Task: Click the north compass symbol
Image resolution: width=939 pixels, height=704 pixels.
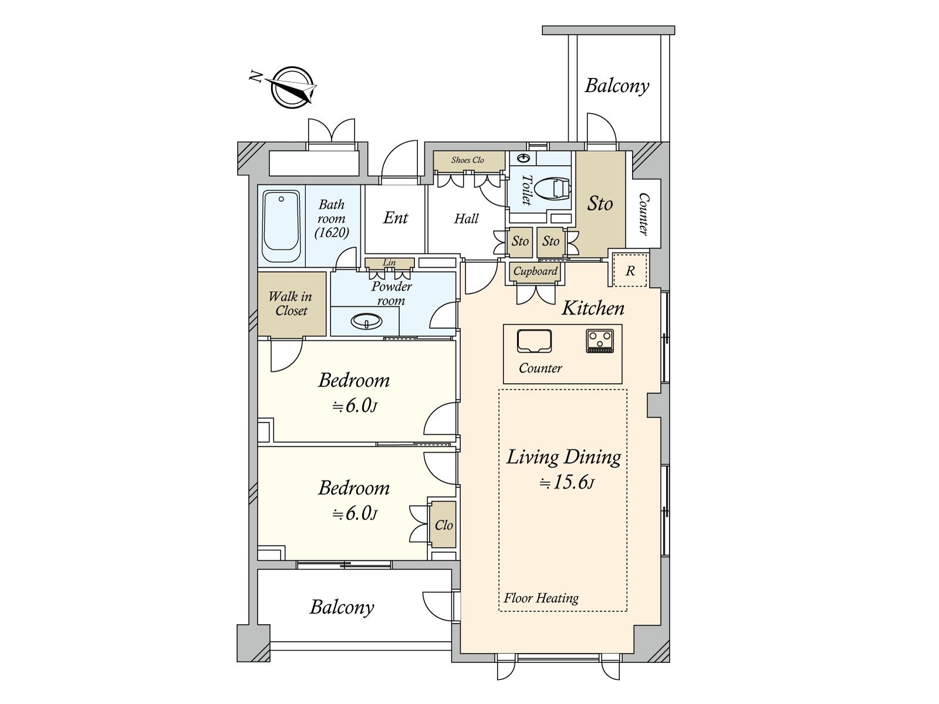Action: point(291,87)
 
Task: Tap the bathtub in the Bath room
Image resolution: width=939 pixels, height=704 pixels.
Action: point(281,226)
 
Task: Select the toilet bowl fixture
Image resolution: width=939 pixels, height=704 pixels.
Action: point(552,189)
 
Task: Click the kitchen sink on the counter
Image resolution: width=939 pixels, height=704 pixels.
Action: point(534,341)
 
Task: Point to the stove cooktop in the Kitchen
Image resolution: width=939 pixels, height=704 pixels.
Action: point(600,341)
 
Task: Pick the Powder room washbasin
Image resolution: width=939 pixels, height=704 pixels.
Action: point(366,321)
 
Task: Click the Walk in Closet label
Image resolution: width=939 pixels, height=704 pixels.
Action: point(291,303)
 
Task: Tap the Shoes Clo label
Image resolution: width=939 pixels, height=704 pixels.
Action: point(467,160)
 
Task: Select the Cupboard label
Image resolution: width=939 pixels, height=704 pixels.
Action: point(535,271)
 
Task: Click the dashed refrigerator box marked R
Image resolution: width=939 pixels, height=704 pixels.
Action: point(630,270)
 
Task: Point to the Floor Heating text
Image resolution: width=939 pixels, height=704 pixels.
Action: point(541,598)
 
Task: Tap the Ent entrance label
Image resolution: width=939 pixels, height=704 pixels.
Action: point(396,218)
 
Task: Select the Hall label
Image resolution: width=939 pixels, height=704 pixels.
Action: point(466,219)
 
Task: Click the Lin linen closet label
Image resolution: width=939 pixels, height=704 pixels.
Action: point(389,262)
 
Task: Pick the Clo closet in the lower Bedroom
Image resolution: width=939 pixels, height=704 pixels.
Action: point(443,524)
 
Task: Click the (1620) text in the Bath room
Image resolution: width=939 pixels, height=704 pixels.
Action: point(332,233)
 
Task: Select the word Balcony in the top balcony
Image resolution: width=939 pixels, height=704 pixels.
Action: point(617,86)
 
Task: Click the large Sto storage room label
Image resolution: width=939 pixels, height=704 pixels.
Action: point(600,204)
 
